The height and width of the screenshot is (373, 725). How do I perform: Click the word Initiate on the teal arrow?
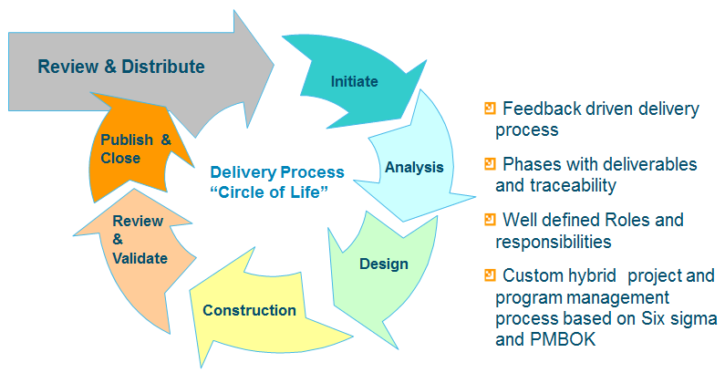tap(354, 82)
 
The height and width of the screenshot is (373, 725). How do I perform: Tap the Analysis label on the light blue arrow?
tap(414, 167)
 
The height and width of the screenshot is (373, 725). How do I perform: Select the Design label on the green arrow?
tap(384, 264)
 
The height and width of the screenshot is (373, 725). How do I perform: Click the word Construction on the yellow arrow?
tap(249, 310)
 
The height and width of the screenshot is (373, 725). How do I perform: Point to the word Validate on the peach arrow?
tap(140, 258)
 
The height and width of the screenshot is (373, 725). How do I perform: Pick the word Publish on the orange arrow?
tap(127, 140)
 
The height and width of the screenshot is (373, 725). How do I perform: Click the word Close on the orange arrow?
tap(120, 158)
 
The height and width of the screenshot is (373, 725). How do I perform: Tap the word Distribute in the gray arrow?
tap(162, 67)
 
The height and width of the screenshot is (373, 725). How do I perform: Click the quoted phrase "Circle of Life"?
tap(269, 192)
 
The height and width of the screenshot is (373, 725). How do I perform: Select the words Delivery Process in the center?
tap(277, 172)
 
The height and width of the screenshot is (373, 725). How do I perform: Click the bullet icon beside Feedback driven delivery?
tap(490, 109)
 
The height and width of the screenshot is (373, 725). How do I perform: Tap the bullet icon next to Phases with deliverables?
tap(490, 163)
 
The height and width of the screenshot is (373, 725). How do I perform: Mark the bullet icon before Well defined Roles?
tap(490, 219)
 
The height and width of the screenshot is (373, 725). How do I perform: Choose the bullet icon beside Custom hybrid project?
tap(490, 275)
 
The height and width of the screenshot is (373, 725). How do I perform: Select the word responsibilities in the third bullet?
tap(554, 242)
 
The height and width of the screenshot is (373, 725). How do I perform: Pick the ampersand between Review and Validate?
tap(118, 240)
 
